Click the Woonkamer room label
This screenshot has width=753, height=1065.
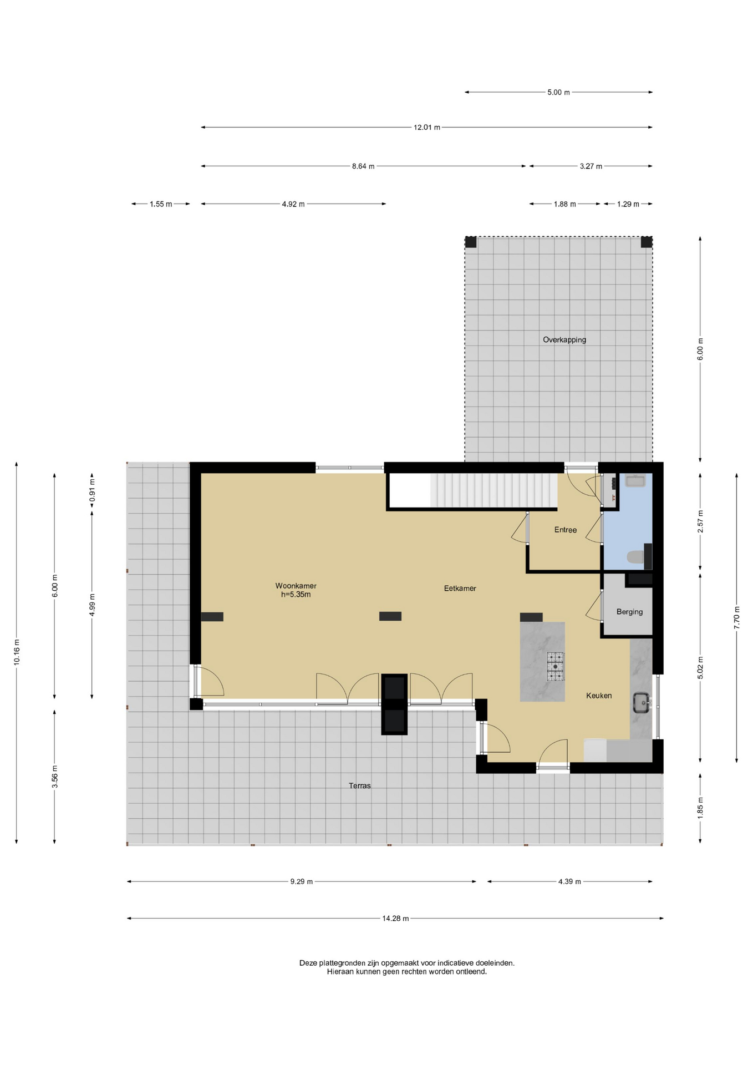(296, 586)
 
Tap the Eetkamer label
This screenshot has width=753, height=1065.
(460, 589)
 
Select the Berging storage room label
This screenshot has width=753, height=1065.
(629, 612)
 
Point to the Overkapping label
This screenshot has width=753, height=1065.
(564, 340)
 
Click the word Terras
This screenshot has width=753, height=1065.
(359, 785)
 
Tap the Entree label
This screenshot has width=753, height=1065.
(565, 530)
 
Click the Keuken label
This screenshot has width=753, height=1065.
(599, 696)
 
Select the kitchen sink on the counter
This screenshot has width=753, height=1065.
(642, 703)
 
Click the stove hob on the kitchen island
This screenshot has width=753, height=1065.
(555, 666)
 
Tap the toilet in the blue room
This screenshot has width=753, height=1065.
(635, 556)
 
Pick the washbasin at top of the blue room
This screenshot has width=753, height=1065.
(635, 481)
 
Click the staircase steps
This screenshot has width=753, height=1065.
(493, 490)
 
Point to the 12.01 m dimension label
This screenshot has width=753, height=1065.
(426, 128)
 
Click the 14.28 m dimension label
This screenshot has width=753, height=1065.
(395, 919)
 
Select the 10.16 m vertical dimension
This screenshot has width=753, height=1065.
(17, 652)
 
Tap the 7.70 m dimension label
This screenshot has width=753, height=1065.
(736, 618)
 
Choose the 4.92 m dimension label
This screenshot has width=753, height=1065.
(293, 204)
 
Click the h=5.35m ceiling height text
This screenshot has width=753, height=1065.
(296, 595)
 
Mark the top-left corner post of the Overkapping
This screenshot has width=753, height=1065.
(470, 242)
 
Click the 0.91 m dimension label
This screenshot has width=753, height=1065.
(92, 490)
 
